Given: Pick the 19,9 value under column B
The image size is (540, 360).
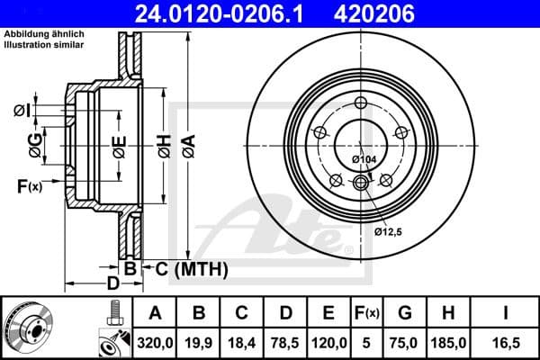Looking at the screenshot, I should (x=200, y=341).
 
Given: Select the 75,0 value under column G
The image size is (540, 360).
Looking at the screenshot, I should (x=406, y=341).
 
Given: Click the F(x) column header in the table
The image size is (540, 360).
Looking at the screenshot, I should (x=366, y=312).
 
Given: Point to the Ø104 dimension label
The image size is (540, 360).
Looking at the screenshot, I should (x=364, y=159).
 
